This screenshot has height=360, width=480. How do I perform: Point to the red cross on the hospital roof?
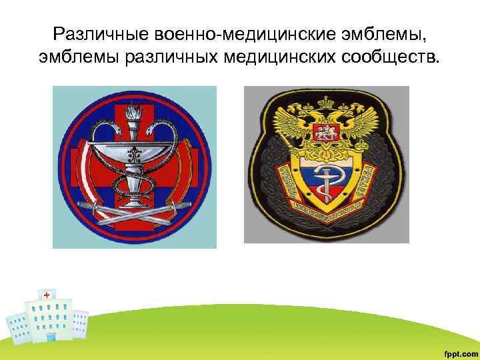click(x=47, y=294)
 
